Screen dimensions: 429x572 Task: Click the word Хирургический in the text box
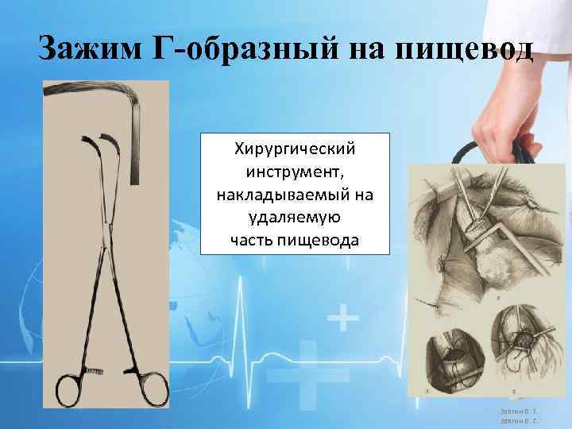pyautogui.click(x=296, y=149)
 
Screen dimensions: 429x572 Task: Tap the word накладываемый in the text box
pyautogui.click(x=296, y=194)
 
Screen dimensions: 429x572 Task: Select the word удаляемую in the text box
pyautogui.click(x=296, y=216)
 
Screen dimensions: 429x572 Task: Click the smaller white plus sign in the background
pyautogui.click(x=342, y=320)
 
